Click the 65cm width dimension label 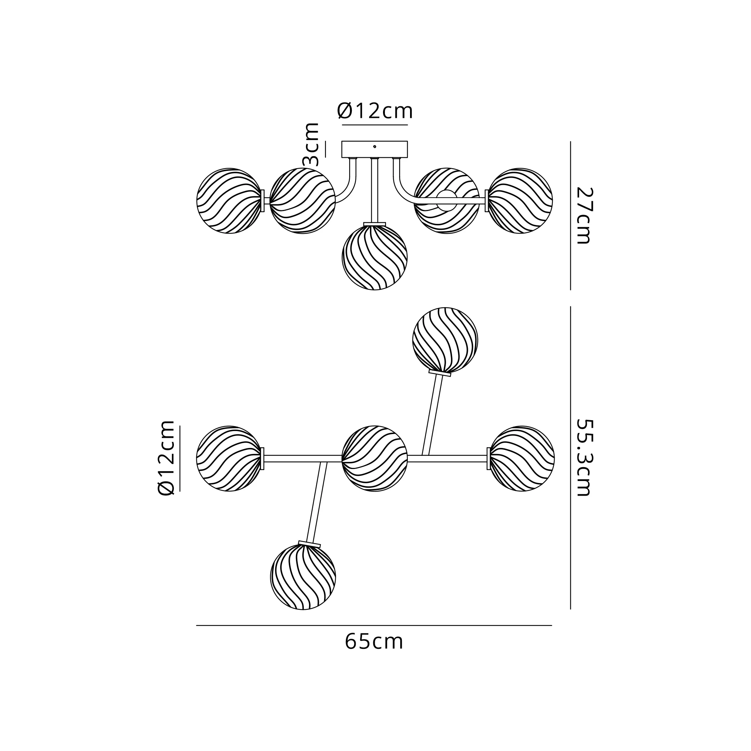pos(374,642)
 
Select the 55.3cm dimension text pos(584,457)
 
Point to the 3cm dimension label pos(311,144)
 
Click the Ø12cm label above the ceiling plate pos(375,111)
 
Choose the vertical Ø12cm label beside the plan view pos(166,457)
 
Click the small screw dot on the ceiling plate pos(374,146)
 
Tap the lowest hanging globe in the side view pos(374,257)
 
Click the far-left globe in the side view pos(229,201)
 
